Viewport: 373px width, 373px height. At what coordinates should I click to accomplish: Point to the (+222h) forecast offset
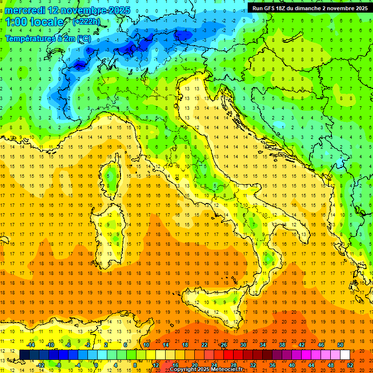point(86,22)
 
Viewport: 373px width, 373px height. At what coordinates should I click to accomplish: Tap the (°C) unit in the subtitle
point(84,38)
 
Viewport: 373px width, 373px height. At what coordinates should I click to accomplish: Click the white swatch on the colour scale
point(345,355)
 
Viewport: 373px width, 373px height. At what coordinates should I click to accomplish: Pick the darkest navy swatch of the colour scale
point(24,355)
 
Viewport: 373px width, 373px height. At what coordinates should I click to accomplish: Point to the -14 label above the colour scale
point(31,345)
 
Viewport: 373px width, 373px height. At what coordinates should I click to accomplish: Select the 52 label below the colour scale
point(350,365)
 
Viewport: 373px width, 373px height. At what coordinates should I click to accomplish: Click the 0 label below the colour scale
point(97,365)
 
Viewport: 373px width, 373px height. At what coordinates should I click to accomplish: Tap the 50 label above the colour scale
point(340,345)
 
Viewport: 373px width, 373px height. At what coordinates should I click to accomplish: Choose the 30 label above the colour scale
point(243,345)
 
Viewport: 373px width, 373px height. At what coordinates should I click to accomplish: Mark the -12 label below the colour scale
point(40,365)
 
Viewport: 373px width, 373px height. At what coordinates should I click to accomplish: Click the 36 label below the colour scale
point(272,365)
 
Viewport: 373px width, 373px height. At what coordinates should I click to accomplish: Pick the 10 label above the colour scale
point(146,345)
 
